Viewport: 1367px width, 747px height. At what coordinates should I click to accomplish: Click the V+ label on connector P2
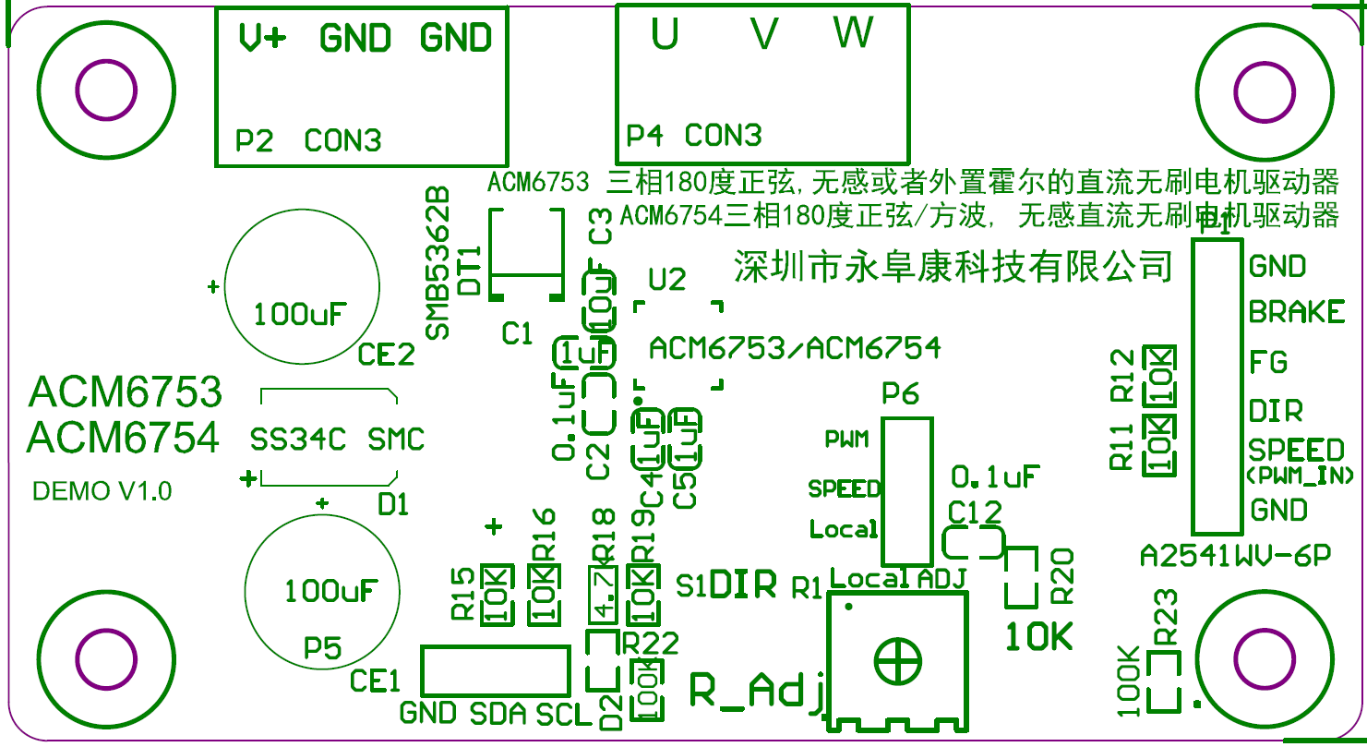pyautogui.click(x=262, y=38)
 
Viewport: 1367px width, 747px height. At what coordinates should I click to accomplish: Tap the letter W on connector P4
pyautogui.click(x=853, y=33)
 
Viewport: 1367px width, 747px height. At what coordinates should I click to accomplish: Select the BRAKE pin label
pyautogui.click(x=1296, y=312)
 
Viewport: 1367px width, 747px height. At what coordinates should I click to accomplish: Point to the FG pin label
pyautogui.click(x=1268, y=361)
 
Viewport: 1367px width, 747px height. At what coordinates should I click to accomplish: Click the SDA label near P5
pyautogui.click(x=498, y=714)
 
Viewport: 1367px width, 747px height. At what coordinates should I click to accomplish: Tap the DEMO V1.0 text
pyautogui.click(x=102, y=491)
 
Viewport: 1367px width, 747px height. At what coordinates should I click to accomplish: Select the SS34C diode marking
pyautogui.click(x=298, y=439)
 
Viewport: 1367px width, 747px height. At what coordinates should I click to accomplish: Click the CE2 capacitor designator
pyautogui.click(x=387, y=355)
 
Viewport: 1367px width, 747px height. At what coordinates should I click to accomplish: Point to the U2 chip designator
pyautogui.click(x=667, y=279)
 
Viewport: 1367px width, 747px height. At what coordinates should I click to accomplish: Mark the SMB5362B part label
pyautogui.click(x=437, y=262)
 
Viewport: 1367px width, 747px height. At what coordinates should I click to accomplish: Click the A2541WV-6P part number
pyautogui.click(x=1236, y=556)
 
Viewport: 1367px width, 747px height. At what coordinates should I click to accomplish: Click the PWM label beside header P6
pyautogui.click(x=846, y=440)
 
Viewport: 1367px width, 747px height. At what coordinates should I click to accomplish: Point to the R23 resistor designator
pyautogui.click(x=1167, y=617)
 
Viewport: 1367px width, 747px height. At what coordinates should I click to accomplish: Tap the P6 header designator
pyautogui.click(x=900, y=394)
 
